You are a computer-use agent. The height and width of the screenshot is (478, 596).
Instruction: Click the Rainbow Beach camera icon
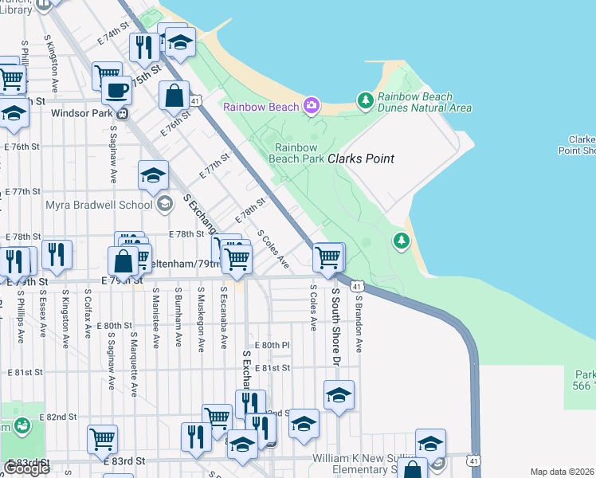tap(312, 106)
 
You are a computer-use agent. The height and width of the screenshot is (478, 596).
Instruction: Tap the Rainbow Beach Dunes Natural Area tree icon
tap(366, 100)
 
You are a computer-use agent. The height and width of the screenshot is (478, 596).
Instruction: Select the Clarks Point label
tap(361, 159)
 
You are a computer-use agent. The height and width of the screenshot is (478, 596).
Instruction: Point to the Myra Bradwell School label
tap(99, 204)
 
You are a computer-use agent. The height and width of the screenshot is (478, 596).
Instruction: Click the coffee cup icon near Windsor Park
tap(117, 90)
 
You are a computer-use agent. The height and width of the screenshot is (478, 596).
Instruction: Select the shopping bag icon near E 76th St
tap(174, 96)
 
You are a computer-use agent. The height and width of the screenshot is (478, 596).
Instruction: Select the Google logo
tap(26, 468)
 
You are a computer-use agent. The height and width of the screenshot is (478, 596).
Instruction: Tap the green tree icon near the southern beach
tap(402, 240)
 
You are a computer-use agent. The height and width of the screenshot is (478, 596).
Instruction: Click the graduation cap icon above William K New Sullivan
tap(430, 443)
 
